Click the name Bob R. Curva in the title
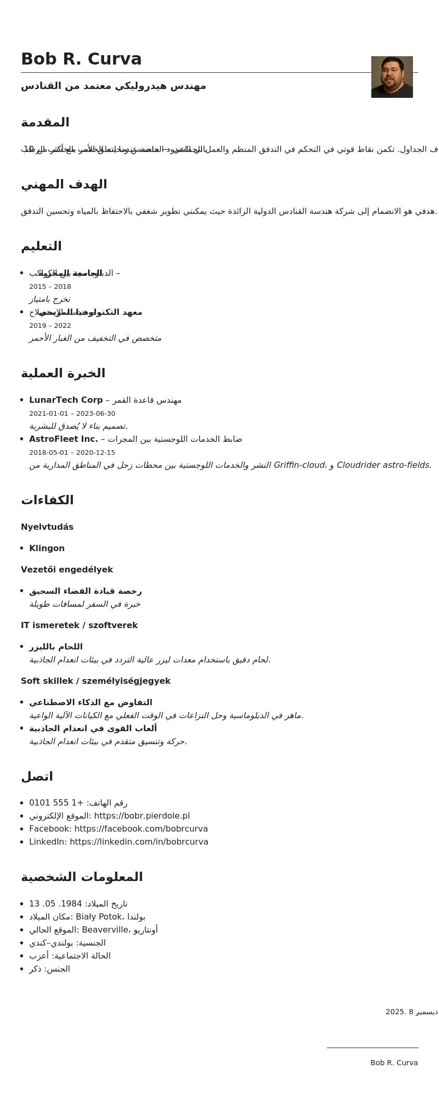pos(81,59)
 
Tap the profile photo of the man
pos(392,77)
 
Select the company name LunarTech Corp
pos(66,400)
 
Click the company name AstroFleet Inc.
pos(64,439)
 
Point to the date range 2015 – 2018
pos(50,287)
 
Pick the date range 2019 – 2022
pos(50,326)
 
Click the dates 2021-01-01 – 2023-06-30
pos(72,414)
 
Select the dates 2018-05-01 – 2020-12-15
pos(72,453)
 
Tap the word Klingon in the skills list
pos(47,548)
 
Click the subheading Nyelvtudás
pos(47,527)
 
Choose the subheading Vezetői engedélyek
pos(67,570)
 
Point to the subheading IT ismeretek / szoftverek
pos(79,626)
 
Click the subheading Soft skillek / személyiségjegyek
pos(95,681)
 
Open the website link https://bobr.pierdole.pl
pos(142,816)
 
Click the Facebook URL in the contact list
pos(141,829)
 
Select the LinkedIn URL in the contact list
pos(139,842)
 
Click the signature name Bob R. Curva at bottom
pos(394,1063)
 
